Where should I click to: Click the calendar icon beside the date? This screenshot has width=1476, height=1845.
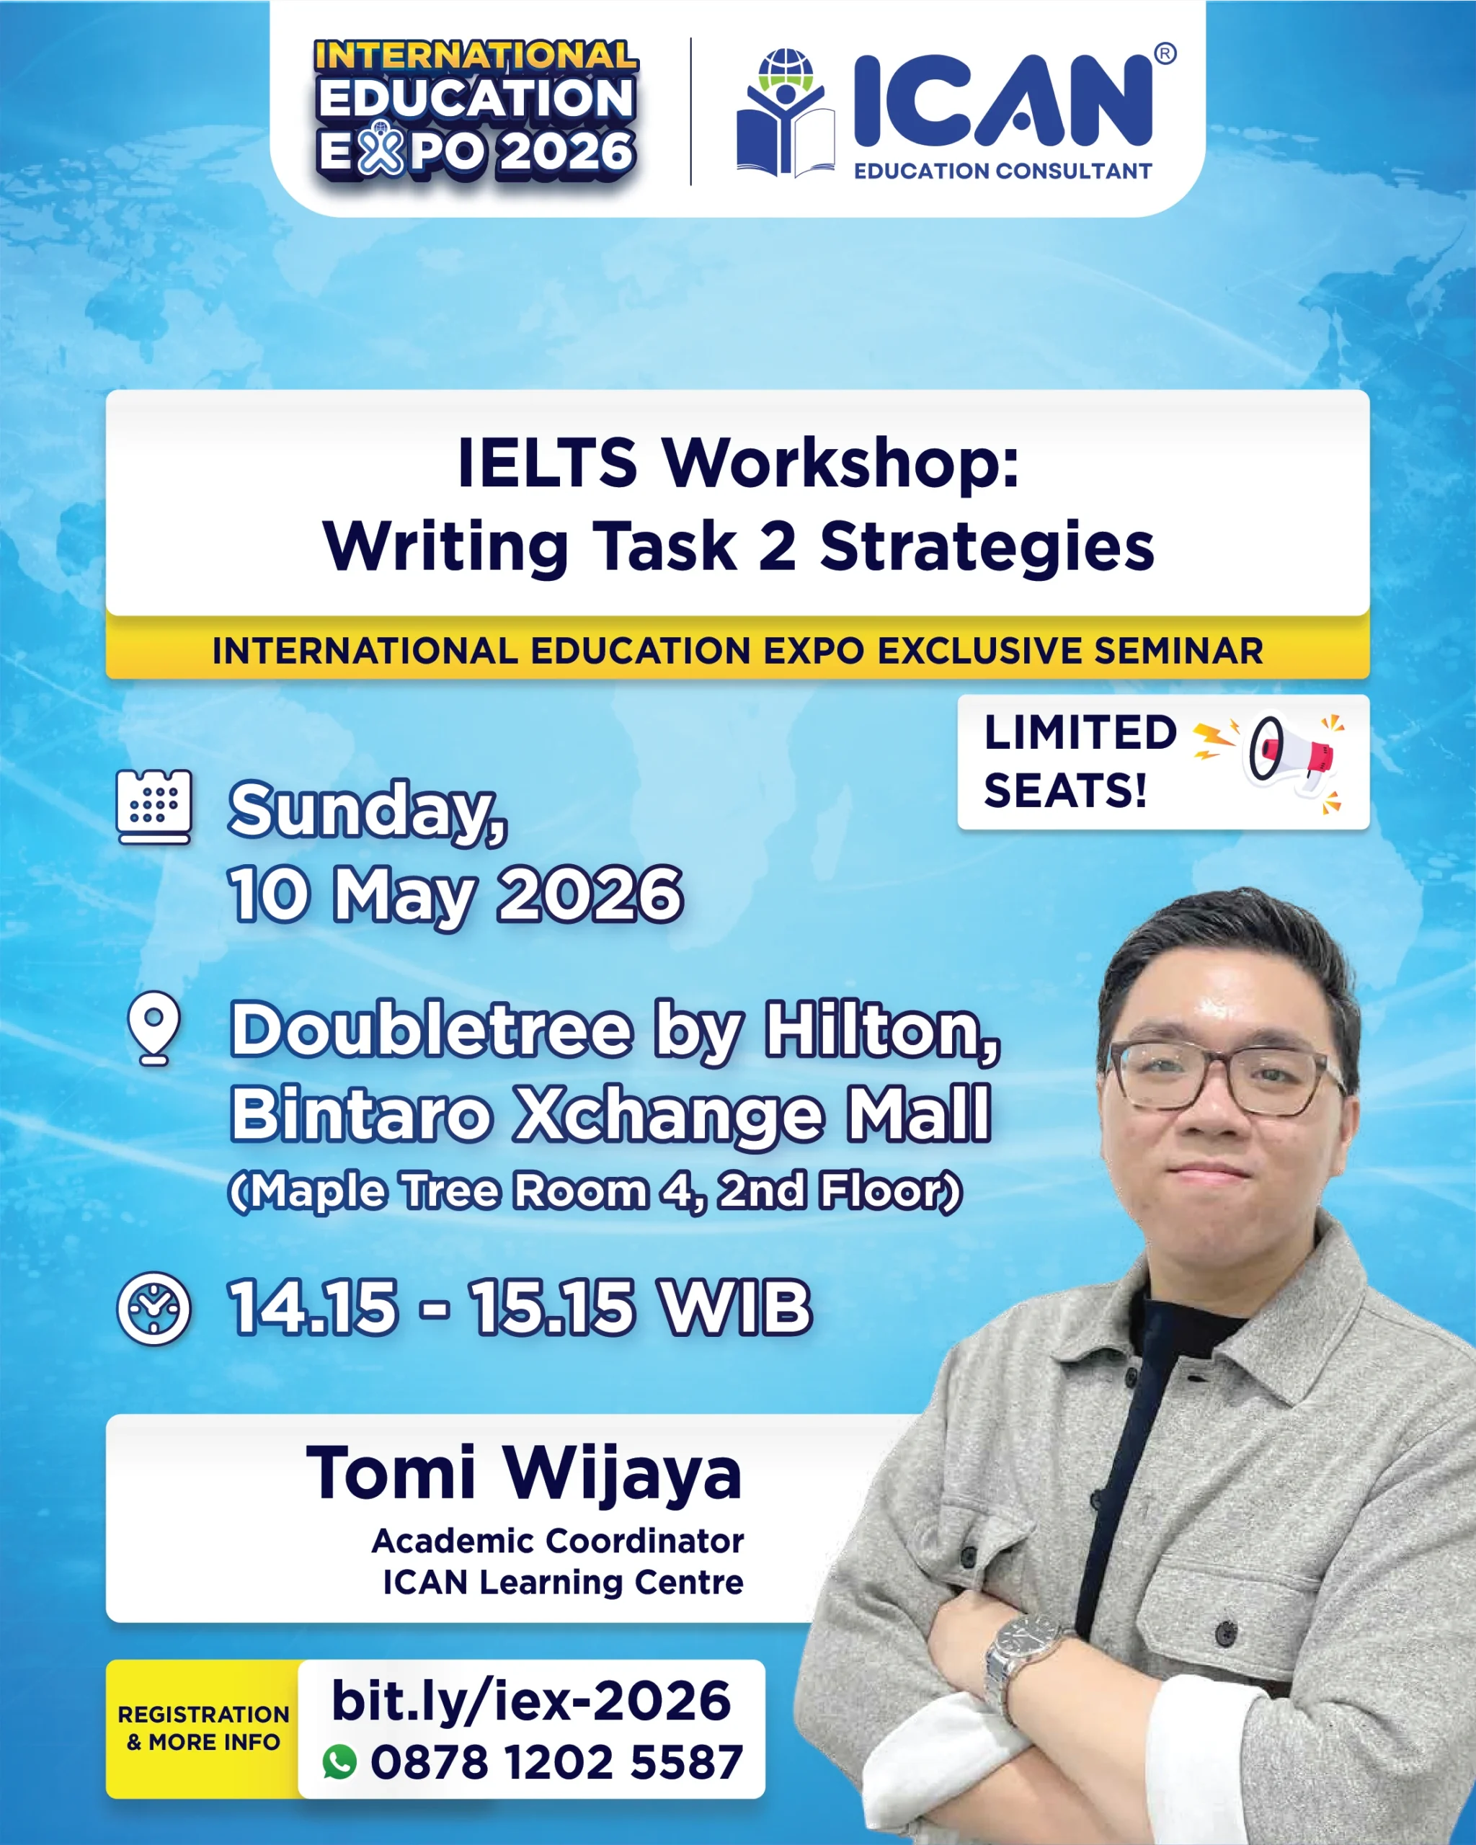pyautogui.click(x=154, y=807)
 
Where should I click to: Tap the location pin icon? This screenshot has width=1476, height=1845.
pyautogui.click(x=154, y=1028)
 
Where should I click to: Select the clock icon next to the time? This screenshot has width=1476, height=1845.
pyautogui.click(x=154, y=1309)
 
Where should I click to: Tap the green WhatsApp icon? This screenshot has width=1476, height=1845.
pyautogui.click(x=339, y=1762)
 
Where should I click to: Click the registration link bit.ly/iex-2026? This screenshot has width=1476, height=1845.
pyautogui.click(x=530, y=1700)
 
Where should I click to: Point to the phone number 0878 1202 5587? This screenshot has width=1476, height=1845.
pyautogui.click(x=556, y=1763)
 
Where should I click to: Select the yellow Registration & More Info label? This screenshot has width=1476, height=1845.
pyautogui.click(x=204, y=1729)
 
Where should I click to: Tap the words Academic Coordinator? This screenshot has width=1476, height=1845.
pyautogui.click(x=558, y=1541)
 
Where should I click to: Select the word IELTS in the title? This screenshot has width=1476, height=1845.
pyautogui.click(x=548, y=463)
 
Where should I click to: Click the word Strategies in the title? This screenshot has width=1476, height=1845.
pyautogui.click(x=987, y=548)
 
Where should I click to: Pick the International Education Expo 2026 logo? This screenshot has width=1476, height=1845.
pyautogui.click(x=476, y=109)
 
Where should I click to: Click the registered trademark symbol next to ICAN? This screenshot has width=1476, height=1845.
pyautogui.click(x=1165, y=54)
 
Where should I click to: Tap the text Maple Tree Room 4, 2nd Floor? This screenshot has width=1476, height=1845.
pyautogui.click(x=595, y=1191)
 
